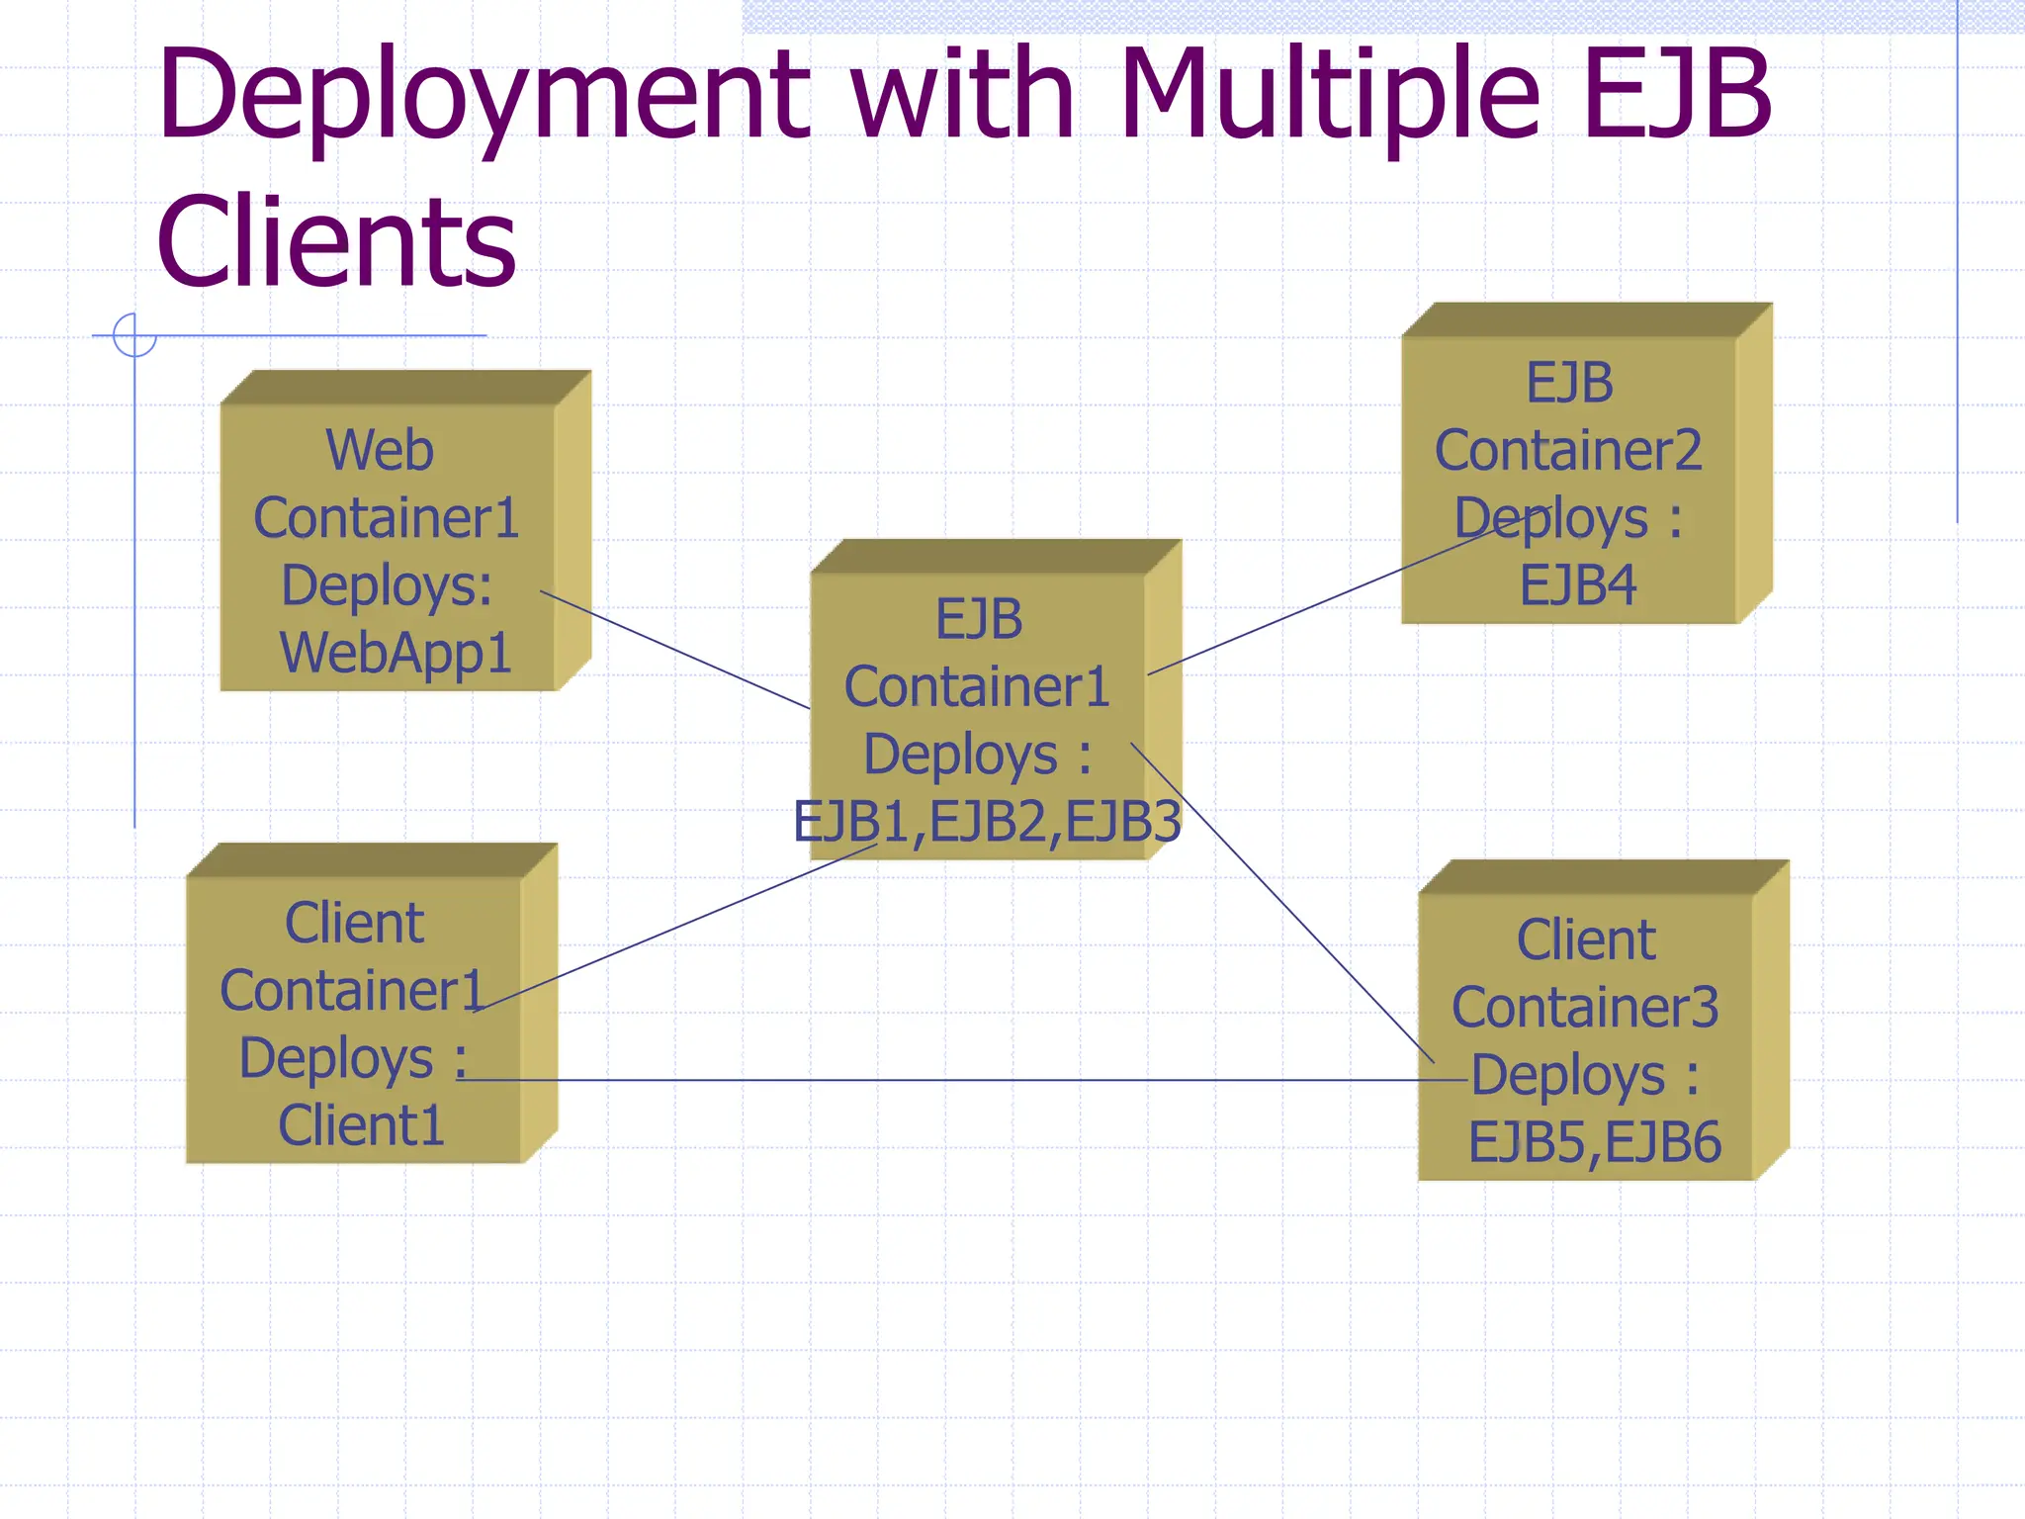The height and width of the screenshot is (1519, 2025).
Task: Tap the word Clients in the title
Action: click(x=336, y=242)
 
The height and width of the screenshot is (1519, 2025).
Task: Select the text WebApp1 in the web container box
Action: click(x=396, y=654)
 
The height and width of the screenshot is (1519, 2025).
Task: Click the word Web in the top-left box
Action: click(x=380, y=451)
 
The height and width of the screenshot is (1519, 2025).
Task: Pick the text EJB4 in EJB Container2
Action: click(x=1578, y=585)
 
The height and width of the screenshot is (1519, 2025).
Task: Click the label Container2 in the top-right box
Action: click(x=1568, y=451)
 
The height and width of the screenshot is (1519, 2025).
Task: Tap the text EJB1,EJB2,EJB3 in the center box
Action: click(x=987, y=822)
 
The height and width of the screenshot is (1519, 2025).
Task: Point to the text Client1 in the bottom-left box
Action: click(x=361, y=1125)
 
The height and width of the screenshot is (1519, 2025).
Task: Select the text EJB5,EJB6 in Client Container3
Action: click(x=1594, y=1143)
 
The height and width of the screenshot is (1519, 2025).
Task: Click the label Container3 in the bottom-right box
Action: click(x=1585, y=1008)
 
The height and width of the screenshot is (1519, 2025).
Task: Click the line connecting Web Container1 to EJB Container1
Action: click(x=675, y=650)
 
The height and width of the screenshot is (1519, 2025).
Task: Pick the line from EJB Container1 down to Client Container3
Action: click(x=1285, y=905)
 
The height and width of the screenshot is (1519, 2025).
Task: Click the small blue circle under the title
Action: click(x=134, y=335)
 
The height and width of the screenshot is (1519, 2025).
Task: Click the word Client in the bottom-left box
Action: click(x=354, y=924)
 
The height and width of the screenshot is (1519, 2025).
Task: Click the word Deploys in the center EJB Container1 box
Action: click(x=960, y=755)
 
